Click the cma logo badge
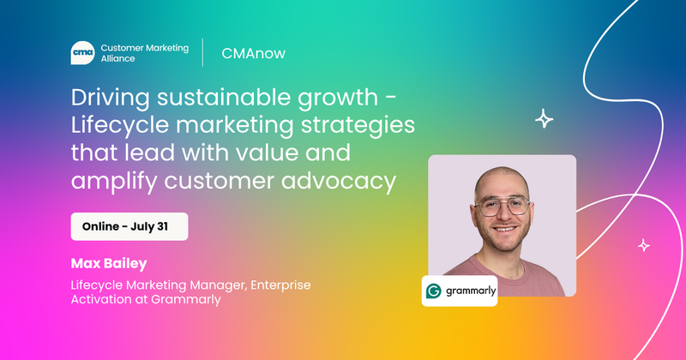tap(82, 53)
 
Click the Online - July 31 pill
tap(129, 226)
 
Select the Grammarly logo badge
tap(459, 291)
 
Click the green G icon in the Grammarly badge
tap(434, 291)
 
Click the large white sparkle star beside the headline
tap(544, 120)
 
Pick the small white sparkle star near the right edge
tap(644, 246)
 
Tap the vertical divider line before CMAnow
tap(203, 52)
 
